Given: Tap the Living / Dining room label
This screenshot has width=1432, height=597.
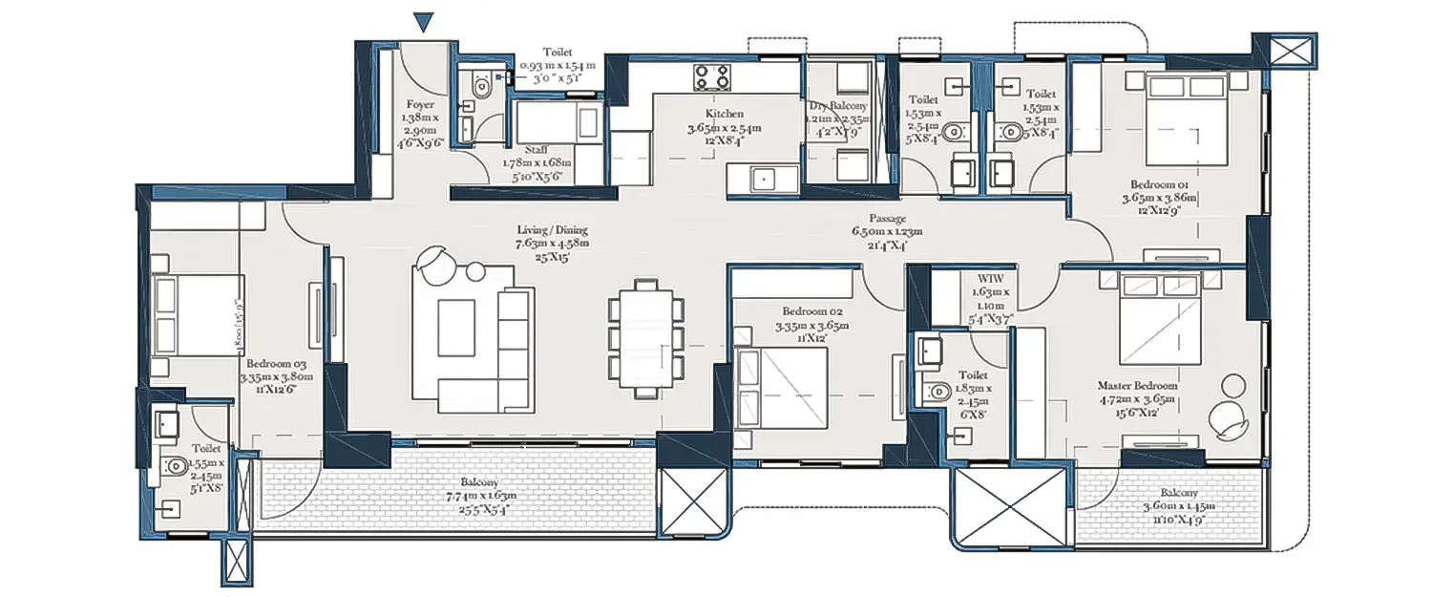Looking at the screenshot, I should pyautogui.click(x=553, y=230).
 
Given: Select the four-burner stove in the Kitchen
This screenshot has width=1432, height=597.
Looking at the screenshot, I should pyautogui.click(x=711, y=76).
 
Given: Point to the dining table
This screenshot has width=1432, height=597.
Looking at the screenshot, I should pyautogui.click(x=646, y=337).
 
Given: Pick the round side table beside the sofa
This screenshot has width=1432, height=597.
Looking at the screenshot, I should pyautogui.click(x=474, y=274).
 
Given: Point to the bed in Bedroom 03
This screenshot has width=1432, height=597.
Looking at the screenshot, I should pyautogui.click(x=197, y=315).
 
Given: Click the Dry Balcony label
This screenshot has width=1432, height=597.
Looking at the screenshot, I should pyautogui.click(x=837, y=107).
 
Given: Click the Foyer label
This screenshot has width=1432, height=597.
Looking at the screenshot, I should pyautogui.click(x=420, y=104).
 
